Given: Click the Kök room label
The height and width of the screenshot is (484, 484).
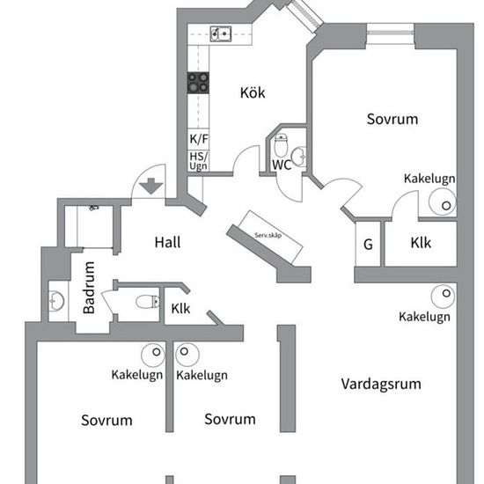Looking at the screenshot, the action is [x=253, y=92].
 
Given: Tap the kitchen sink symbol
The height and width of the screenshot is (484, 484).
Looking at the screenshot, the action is [x=221, y=33].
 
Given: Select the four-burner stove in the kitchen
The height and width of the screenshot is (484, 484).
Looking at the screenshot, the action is [x=198, y=83].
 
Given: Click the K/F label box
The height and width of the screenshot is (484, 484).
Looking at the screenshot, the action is [x=199, y=139].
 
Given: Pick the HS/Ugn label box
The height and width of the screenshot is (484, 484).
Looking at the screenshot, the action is [x=199, y=161].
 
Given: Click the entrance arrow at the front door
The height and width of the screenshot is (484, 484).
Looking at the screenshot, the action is [x=151, y=187].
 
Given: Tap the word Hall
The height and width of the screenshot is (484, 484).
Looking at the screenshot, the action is [x=167, y=242].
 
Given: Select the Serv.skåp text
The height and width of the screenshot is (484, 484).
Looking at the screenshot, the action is [x=268, y=235].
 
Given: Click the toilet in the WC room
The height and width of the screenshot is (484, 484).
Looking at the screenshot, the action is [x=281, y=145].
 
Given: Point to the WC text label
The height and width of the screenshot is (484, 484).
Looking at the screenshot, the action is [x=282, y=165].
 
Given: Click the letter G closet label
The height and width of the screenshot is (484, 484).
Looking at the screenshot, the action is [x=368, y=245].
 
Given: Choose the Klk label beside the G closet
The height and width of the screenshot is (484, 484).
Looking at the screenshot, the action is [x=421, y=243].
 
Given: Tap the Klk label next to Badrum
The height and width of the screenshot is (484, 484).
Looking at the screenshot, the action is [x=180, y=308].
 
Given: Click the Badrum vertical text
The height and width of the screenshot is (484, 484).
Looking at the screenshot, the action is [x=89, y=288].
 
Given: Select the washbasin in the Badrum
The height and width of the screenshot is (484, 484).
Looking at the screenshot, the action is [x=56, y=301].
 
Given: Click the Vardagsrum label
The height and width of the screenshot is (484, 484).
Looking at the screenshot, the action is [x=381, y=384].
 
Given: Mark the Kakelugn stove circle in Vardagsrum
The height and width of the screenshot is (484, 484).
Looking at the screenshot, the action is [x=444, y=297].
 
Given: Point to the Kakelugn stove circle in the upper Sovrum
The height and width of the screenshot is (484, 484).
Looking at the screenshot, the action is [x=443, y=202].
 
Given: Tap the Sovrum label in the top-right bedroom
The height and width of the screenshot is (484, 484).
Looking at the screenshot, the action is [x=392, y=119].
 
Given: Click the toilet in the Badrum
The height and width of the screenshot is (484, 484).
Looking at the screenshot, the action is [x=148, y=302].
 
